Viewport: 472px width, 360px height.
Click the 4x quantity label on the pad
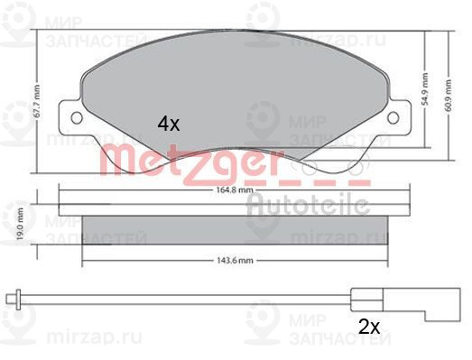coord(168,125)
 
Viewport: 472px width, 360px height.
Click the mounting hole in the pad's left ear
coord(76,118)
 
